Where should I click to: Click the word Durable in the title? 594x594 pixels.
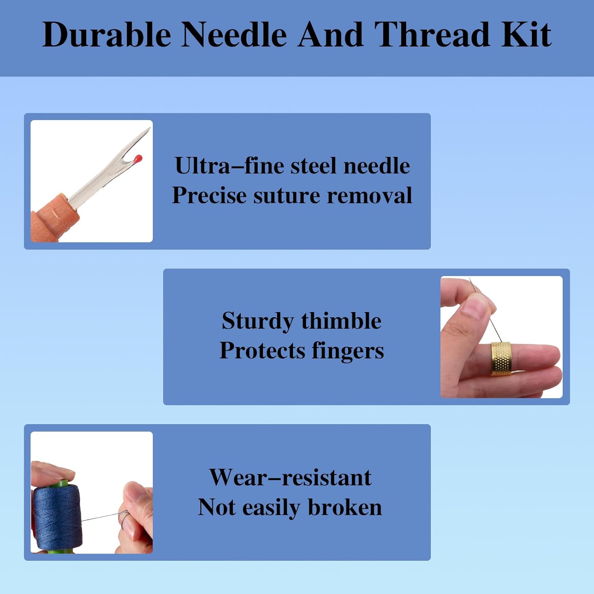tap(107, 34)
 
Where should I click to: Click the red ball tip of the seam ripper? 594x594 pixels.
tap(138, 159)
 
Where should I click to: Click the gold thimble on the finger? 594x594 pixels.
tap(501, 358)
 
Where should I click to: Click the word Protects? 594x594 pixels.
tap(262, 351)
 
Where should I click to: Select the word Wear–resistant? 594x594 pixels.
tap(290, 477)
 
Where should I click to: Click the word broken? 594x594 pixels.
tap(345, 507)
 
